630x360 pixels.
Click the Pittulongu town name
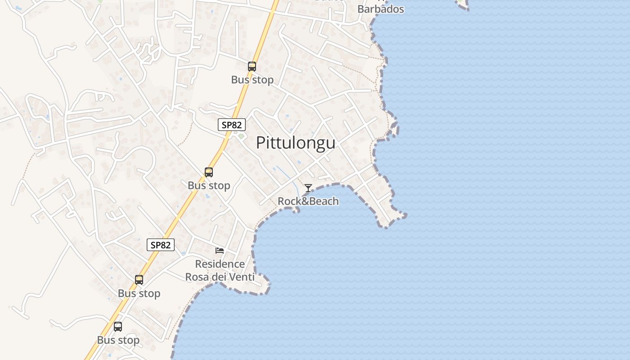(x=296, y=143)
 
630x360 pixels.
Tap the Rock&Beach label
(x=308, y=201)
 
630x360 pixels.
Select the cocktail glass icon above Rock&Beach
(x=308, y=188)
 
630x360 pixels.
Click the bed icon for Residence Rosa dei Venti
(x=220, y=250)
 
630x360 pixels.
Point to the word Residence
(x=220, y=264)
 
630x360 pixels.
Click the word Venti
(x=241, y=277)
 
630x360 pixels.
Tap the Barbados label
(x=381, y=9)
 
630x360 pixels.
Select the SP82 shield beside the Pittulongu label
(x=232, y=125)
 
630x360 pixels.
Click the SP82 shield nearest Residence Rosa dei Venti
(x=161, y=245)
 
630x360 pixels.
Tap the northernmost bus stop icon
(x=252, y=67)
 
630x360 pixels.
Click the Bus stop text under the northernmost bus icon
(x=252, y=80)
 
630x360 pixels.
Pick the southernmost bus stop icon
(x=118, y=327)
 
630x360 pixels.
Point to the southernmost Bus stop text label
(x=118, y=340)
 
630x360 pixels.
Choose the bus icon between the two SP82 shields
(x=209, y=172)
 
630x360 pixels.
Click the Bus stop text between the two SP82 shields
(x=209, y=185)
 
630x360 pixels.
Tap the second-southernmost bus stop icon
(x=139, y=280)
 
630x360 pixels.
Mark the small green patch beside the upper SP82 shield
(x=241, y=136)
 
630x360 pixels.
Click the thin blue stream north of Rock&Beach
(x=288, y=176)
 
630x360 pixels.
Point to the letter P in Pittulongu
(x=261, y=143)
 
